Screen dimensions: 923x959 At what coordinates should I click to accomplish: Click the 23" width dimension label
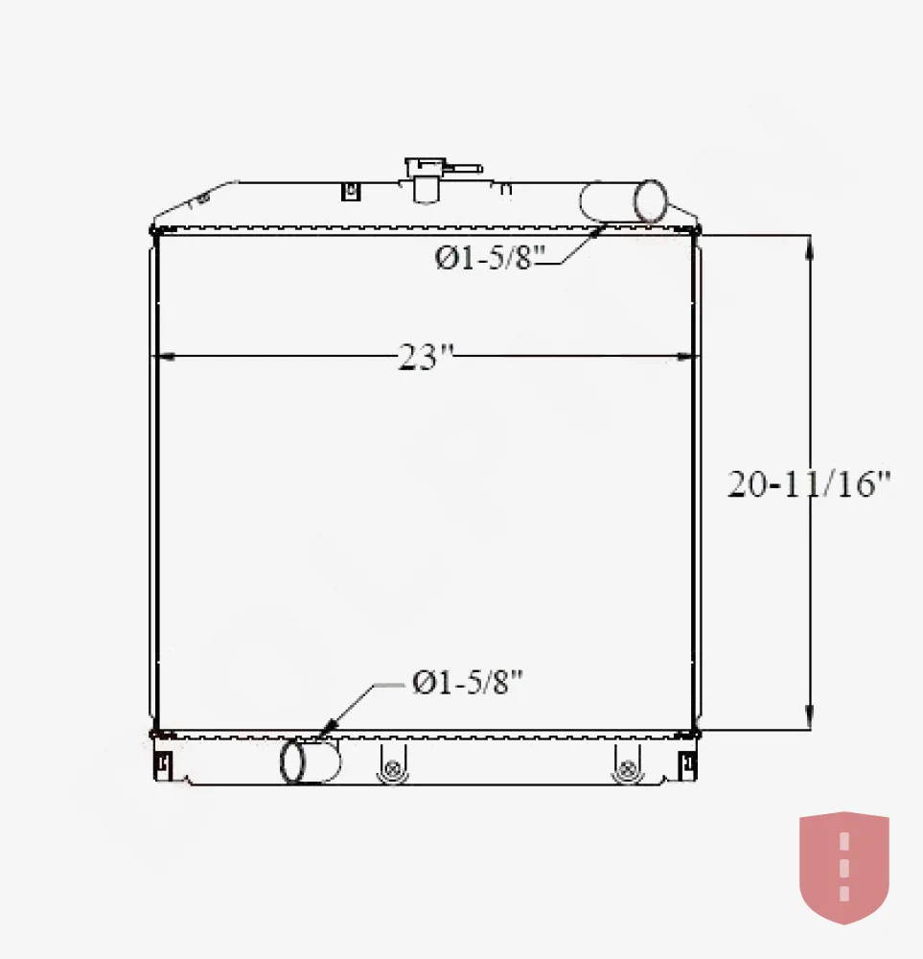click(x=426, y=357)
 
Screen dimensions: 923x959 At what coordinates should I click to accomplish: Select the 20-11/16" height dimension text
click(x=808, y=483)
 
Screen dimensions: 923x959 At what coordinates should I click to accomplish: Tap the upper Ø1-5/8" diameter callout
click(x=490, y=257)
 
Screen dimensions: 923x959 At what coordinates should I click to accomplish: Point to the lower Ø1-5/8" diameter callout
click(x=468, y=682)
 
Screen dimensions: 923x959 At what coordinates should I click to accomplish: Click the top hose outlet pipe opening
click(x=651, y=200)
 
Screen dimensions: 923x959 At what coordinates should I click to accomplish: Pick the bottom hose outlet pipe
click(x=310, y=760)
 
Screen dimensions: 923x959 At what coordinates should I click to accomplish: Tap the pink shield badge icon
click(x=844, y=867)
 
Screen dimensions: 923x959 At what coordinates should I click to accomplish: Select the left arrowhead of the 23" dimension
click(x=166, y=356)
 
